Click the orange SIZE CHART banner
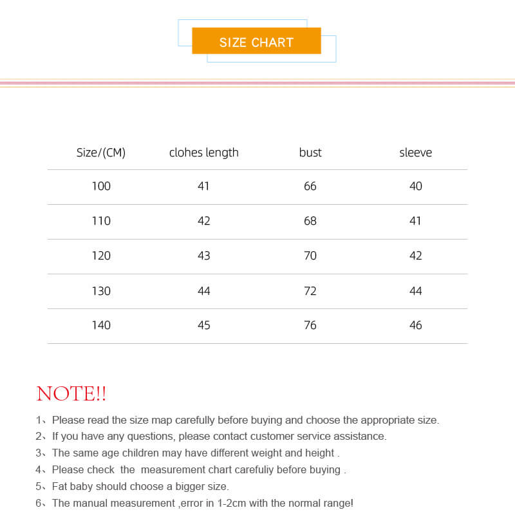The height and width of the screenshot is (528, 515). [x=256, y=42]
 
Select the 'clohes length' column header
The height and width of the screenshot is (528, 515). [x=203, y=153]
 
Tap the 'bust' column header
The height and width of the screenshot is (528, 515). [x=310, y=153]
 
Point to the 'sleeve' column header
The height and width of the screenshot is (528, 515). [x=415, y=153]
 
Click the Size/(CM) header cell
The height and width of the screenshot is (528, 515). [x=101, y=153]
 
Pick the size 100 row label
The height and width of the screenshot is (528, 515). [x=101, y=186]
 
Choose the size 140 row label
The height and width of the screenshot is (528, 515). [x=101, y=325]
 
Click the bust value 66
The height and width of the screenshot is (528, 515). [x=310, y=186]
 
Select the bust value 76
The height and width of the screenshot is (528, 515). [x=310, y=325]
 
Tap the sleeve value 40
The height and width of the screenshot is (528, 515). [x=416, y=186]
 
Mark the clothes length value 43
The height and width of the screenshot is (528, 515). [x=204, y=256]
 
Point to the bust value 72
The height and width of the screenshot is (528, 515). [x=310, y=291]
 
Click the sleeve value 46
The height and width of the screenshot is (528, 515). [x=416, y=325]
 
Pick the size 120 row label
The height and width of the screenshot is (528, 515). [x=101, y=256]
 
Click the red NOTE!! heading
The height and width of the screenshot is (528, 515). [x=71, y=393]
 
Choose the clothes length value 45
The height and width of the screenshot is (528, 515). [x=204, y=325]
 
